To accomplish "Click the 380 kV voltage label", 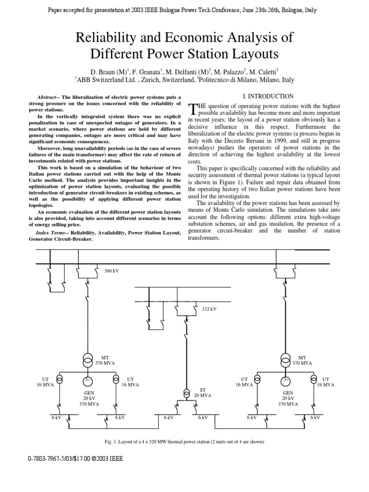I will [x=111, y=271].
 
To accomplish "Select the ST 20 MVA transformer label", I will [x=205, y=393].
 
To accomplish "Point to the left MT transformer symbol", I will [x=88, y=361].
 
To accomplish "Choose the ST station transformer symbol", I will [x=185, y=393].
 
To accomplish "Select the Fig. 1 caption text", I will [x=184, y=442].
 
